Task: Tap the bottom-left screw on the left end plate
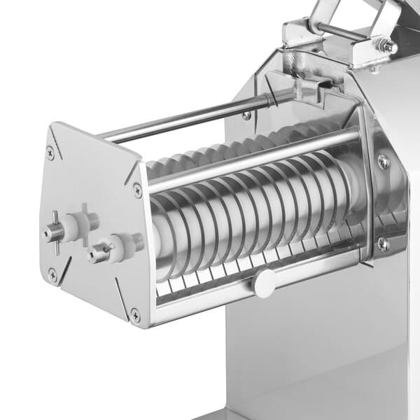[x=52, y=275]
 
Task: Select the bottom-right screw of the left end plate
[x=135, y=316]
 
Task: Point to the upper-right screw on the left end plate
[x=137, y=189]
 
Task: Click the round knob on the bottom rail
[x=264, y=283]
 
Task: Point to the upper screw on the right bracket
[x=383, y=162]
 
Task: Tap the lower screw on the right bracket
[x=383, y=244]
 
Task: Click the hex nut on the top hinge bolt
[x=384, y=45]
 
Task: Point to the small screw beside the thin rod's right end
[x=246, y=115]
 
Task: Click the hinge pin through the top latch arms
[x=343, y=31]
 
